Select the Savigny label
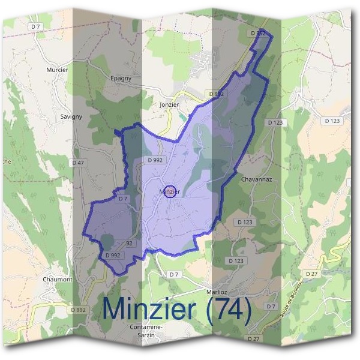tap(71, 116)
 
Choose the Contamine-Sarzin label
tap(145, 331)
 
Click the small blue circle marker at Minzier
tap(169, 191)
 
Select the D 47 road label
tap(79, 163)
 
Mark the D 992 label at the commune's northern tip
tap(259, 32)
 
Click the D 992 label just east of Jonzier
tap(217, 94)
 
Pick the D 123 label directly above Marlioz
tap(236, 260)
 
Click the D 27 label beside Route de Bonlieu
tap(311, 274)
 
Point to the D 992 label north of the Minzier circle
tap(155, 160)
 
